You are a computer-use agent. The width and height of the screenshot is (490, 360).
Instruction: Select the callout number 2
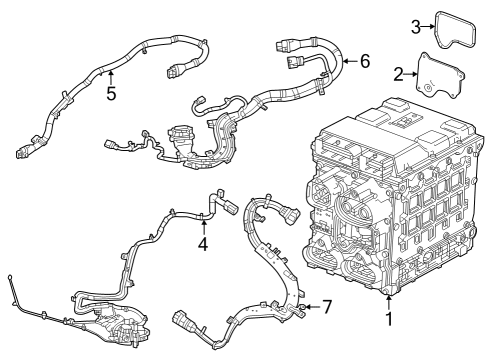pyautogui.click(x=397, y=74)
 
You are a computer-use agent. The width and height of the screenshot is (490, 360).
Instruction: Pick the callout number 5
pyautogui.click(x=112, y=95)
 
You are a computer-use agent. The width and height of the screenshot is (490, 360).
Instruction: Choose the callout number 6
pyautogui.click(x=365, y=62)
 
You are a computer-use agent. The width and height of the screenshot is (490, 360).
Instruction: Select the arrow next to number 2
pyautogui.click(x=412, y=74)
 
